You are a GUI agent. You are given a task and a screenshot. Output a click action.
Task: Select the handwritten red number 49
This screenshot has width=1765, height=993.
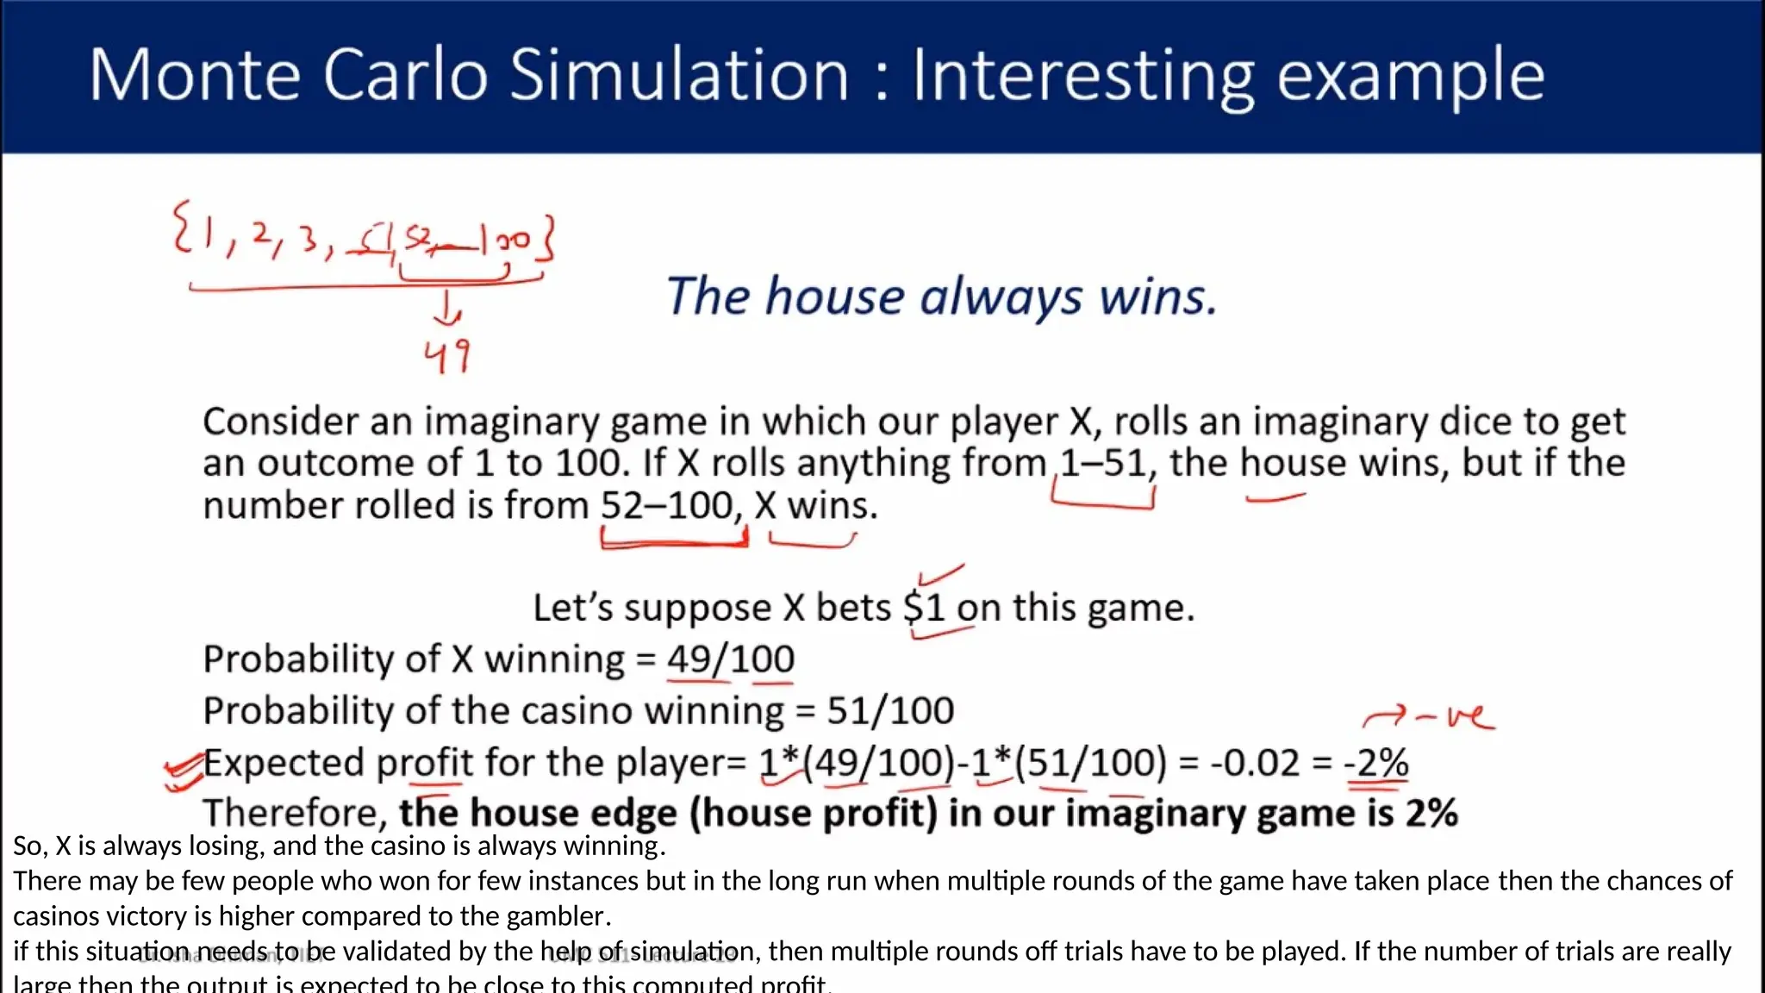447,355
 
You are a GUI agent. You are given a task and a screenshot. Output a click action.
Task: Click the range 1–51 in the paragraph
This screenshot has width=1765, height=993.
1103,464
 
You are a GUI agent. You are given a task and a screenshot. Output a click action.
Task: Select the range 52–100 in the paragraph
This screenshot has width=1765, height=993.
667,505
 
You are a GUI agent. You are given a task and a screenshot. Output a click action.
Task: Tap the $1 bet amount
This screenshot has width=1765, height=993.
925,608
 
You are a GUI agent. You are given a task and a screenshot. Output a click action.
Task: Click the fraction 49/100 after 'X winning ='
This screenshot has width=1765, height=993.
731,659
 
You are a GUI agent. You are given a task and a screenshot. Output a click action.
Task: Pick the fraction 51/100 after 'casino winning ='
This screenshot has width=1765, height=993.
890,711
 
